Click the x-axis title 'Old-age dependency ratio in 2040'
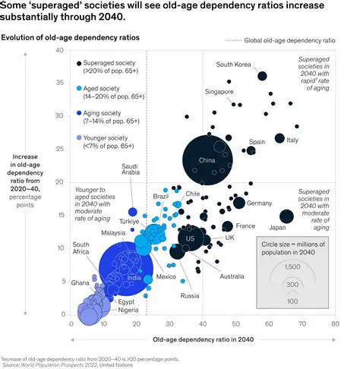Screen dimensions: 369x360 click(x=203, y=339)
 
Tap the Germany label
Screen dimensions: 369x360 click(x=260, y=203)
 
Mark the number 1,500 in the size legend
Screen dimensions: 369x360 click(x=292, y=266)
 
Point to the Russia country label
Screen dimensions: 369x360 click(x=190, y=295)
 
